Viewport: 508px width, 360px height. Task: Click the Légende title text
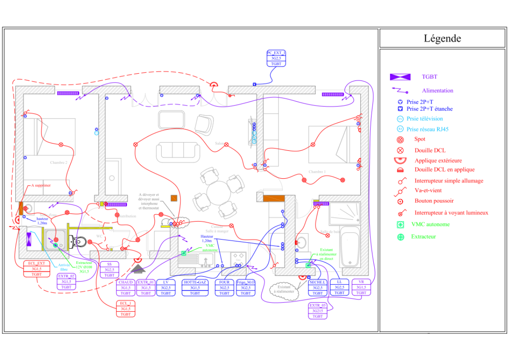click(x=442, y=39)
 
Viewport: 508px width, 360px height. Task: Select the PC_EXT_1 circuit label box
click(x=276, y=58)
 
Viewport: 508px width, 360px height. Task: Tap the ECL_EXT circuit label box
click(x=36, y=269)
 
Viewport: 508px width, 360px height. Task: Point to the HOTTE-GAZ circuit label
click(x=195, y=288)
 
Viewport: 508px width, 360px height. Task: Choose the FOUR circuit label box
click(x=224, y=288)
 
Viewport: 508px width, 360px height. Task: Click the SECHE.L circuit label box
click(x=317, y=288)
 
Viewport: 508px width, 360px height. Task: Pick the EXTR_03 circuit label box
click(x=317, y=311)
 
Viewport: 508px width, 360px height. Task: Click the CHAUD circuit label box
click(x=126, y=288)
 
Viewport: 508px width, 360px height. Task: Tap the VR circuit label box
click(x=361, y=288)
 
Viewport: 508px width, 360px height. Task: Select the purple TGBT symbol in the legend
click(x=400, y=77)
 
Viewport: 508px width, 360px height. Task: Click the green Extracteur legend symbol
click(x=400, y=237)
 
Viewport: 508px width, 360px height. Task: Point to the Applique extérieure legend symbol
click(x=400, y=161)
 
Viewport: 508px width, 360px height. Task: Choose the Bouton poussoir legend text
click(x=434, y=201)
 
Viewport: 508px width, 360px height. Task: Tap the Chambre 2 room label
click(x=59, y=163)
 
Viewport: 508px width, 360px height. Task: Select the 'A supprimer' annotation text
click(x=41, y=186)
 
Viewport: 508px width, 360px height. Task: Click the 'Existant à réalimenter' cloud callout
click(x=284, y=289)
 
